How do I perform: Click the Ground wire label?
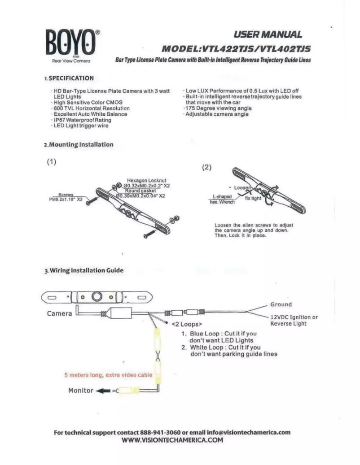pyautogui.click(x=281, y=304)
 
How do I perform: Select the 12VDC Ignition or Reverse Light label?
pyautogui.click(x=294, y=320)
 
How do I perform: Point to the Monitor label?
pyautogui.click(x=80, y=390)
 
